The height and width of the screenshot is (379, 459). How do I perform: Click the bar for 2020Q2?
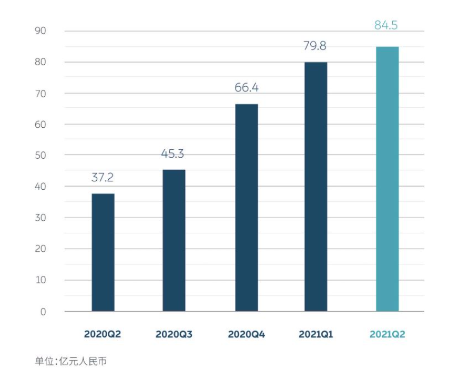click(x=103, y=252)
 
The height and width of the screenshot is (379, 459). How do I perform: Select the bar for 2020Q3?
click(x=174, y=240)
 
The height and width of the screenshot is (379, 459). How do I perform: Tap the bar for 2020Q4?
click(x=247, y=208)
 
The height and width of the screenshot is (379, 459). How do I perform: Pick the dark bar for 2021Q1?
click(x=315, y=187)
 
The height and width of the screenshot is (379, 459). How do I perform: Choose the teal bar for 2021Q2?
click(x=387, y=179)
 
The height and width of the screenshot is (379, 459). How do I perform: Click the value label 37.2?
click(x=103, y=178)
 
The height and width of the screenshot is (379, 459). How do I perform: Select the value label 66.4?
click(x=247, y=88)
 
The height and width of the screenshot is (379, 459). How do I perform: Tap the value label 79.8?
click(x=315, y=46)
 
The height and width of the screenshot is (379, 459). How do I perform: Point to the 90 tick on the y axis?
click(x=41, y=31)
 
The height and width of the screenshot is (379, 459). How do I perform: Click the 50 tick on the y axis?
click(x=41, y=156)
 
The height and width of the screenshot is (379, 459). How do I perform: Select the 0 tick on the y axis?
click(x=43, y=312)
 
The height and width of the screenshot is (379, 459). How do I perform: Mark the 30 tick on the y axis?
click(x=41, y=218)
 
